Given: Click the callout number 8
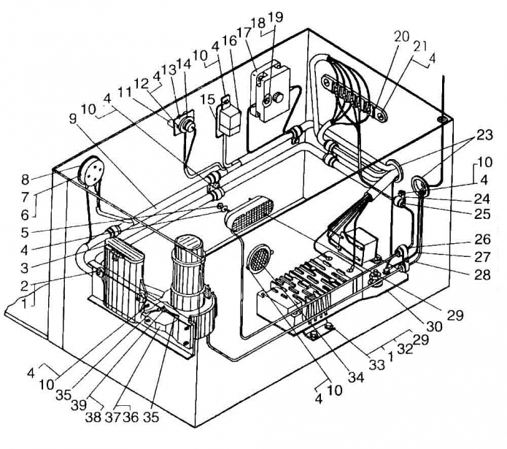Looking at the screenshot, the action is (x=26, y=180).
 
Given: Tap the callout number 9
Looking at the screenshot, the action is (x=74, y=119).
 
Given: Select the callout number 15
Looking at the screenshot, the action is (x=207, y=99).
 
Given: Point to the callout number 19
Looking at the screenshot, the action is (x=275, y=17).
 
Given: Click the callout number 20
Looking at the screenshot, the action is (x=402, y=37).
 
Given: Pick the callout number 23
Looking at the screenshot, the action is (x=484, y=134).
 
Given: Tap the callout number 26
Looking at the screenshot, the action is (x=483, y=239).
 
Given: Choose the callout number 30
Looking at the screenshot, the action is (x=434, y=327).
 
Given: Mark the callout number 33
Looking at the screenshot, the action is (x=377, y=364).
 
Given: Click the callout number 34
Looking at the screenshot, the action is (x=355, y=377).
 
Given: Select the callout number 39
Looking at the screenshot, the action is (x=79, y=405).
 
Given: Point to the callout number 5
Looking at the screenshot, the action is (x=26, y=232).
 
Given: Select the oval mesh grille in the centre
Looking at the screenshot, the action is (x=249, y=214).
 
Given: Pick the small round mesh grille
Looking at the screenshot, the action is (x=259, y=256).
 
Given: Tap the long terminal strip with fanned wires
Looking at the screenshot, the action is (x=355, y=97).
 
